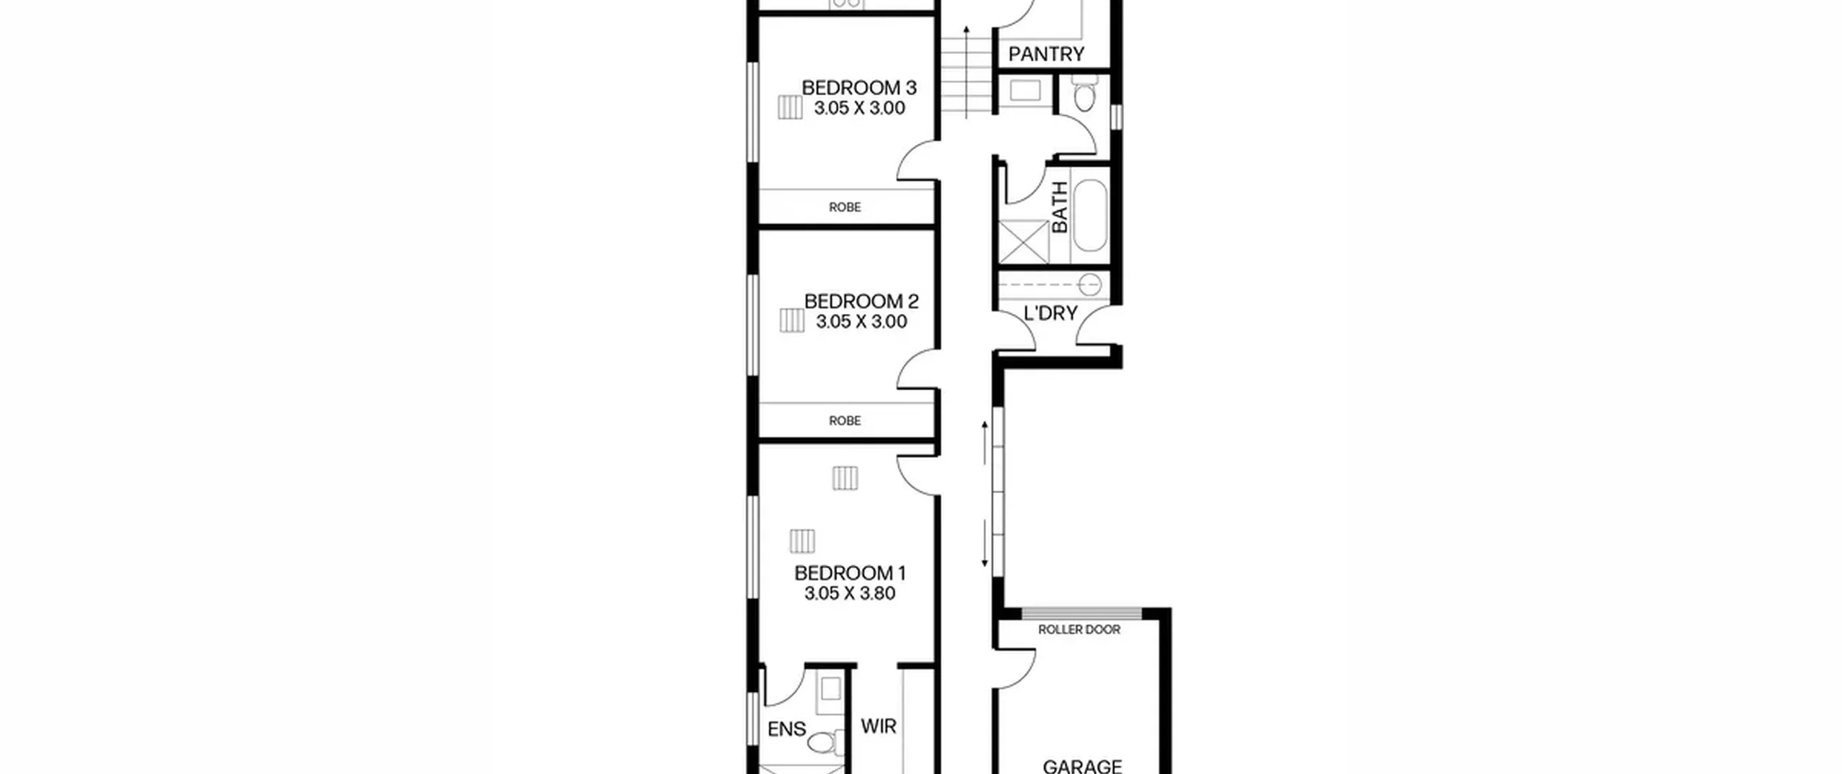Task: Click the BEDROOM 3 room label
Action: coord(859,88)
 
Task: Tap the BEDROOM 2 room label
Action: coord(861,302)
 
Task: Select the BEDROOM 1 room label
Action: coord(850,574)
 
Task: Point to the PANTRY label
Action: coord(1046,54)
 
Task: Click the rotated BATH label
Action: coord(1060,207)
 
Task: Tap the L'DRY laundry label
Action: coord(1051,313)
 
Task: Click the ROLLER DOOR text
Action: coord(1079,630)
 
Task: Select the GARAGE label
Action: coord(1082,766)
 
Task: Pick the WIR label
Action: coord(879,726)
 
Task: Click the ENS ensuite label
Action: coord(786,729)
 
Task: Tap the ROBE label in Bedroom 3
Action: coord(845,207)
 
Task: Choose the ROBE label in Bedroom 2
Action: coord(845,421)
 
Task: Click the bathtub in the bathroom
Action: coord(1090,215)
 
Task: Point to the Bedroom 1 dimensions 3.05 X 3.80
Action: coord(850,594)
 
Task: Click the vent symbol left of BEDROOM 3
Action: coord(790,107)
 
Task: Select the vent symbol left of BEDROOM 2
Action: coord(792,320)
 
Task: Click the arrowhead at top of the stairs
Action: coord(966,30)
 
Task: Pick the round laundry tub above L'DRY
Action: coord(1091,285)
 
